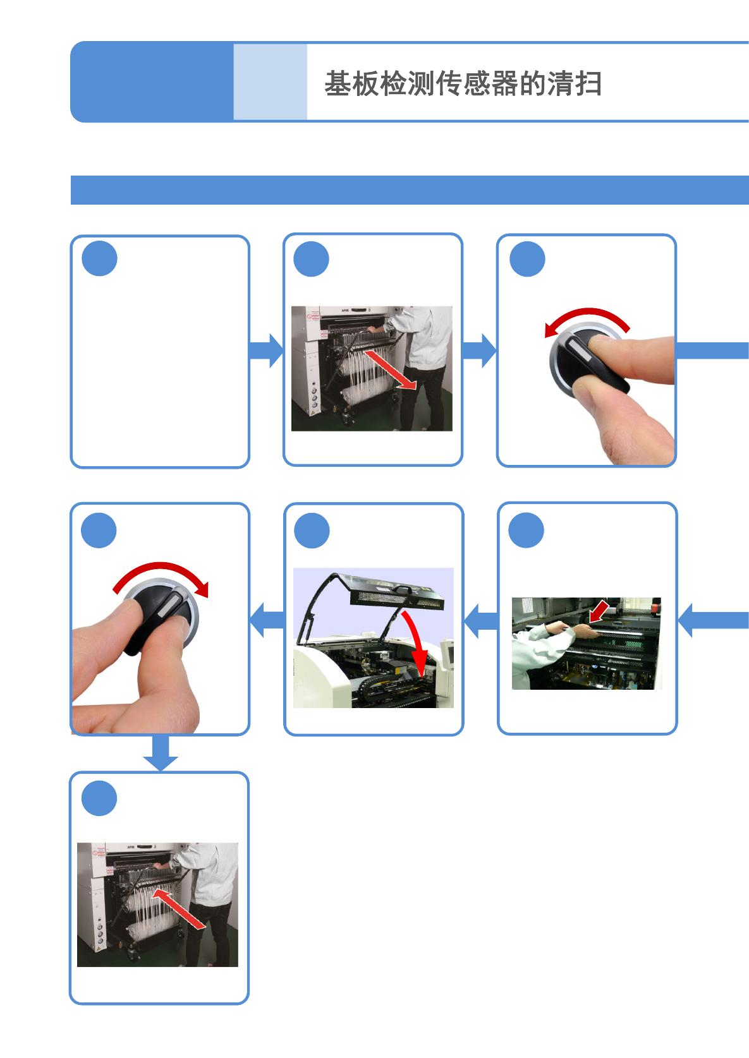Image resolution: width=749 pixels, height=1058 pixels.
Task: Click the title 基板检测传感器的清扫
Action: [463, 83]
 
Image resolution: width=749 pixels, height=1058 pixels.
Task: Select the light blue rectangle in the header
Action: [271, 81]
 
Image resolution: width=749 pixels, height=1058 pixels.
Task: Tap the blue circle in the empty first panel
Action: [99, 258]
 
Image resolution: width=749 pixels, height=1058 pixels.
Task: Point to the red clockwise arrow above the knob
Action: [161, 566]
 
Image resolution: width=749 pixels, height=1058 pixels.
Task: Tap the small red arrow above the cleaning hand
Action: [599, 611]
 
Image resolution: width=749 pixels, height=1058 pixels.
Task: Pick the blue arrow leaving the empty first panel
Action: [267, 351]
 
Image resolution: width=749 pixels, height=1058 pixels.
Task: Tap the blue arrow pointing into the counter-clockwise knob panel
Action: [479, 351]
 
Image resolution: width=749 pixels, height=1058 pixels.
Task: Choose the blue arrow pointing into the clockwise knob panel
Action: [267, 620]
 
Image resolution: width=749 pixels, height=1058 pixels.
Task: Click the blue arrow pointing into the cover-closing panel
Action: [481, 621]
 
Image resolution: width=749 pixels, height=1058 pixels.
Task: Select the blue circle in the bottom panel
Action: [99, 798]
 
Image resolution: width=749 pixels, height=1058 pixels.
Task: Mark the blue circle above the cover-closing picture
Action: [312, 531]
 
